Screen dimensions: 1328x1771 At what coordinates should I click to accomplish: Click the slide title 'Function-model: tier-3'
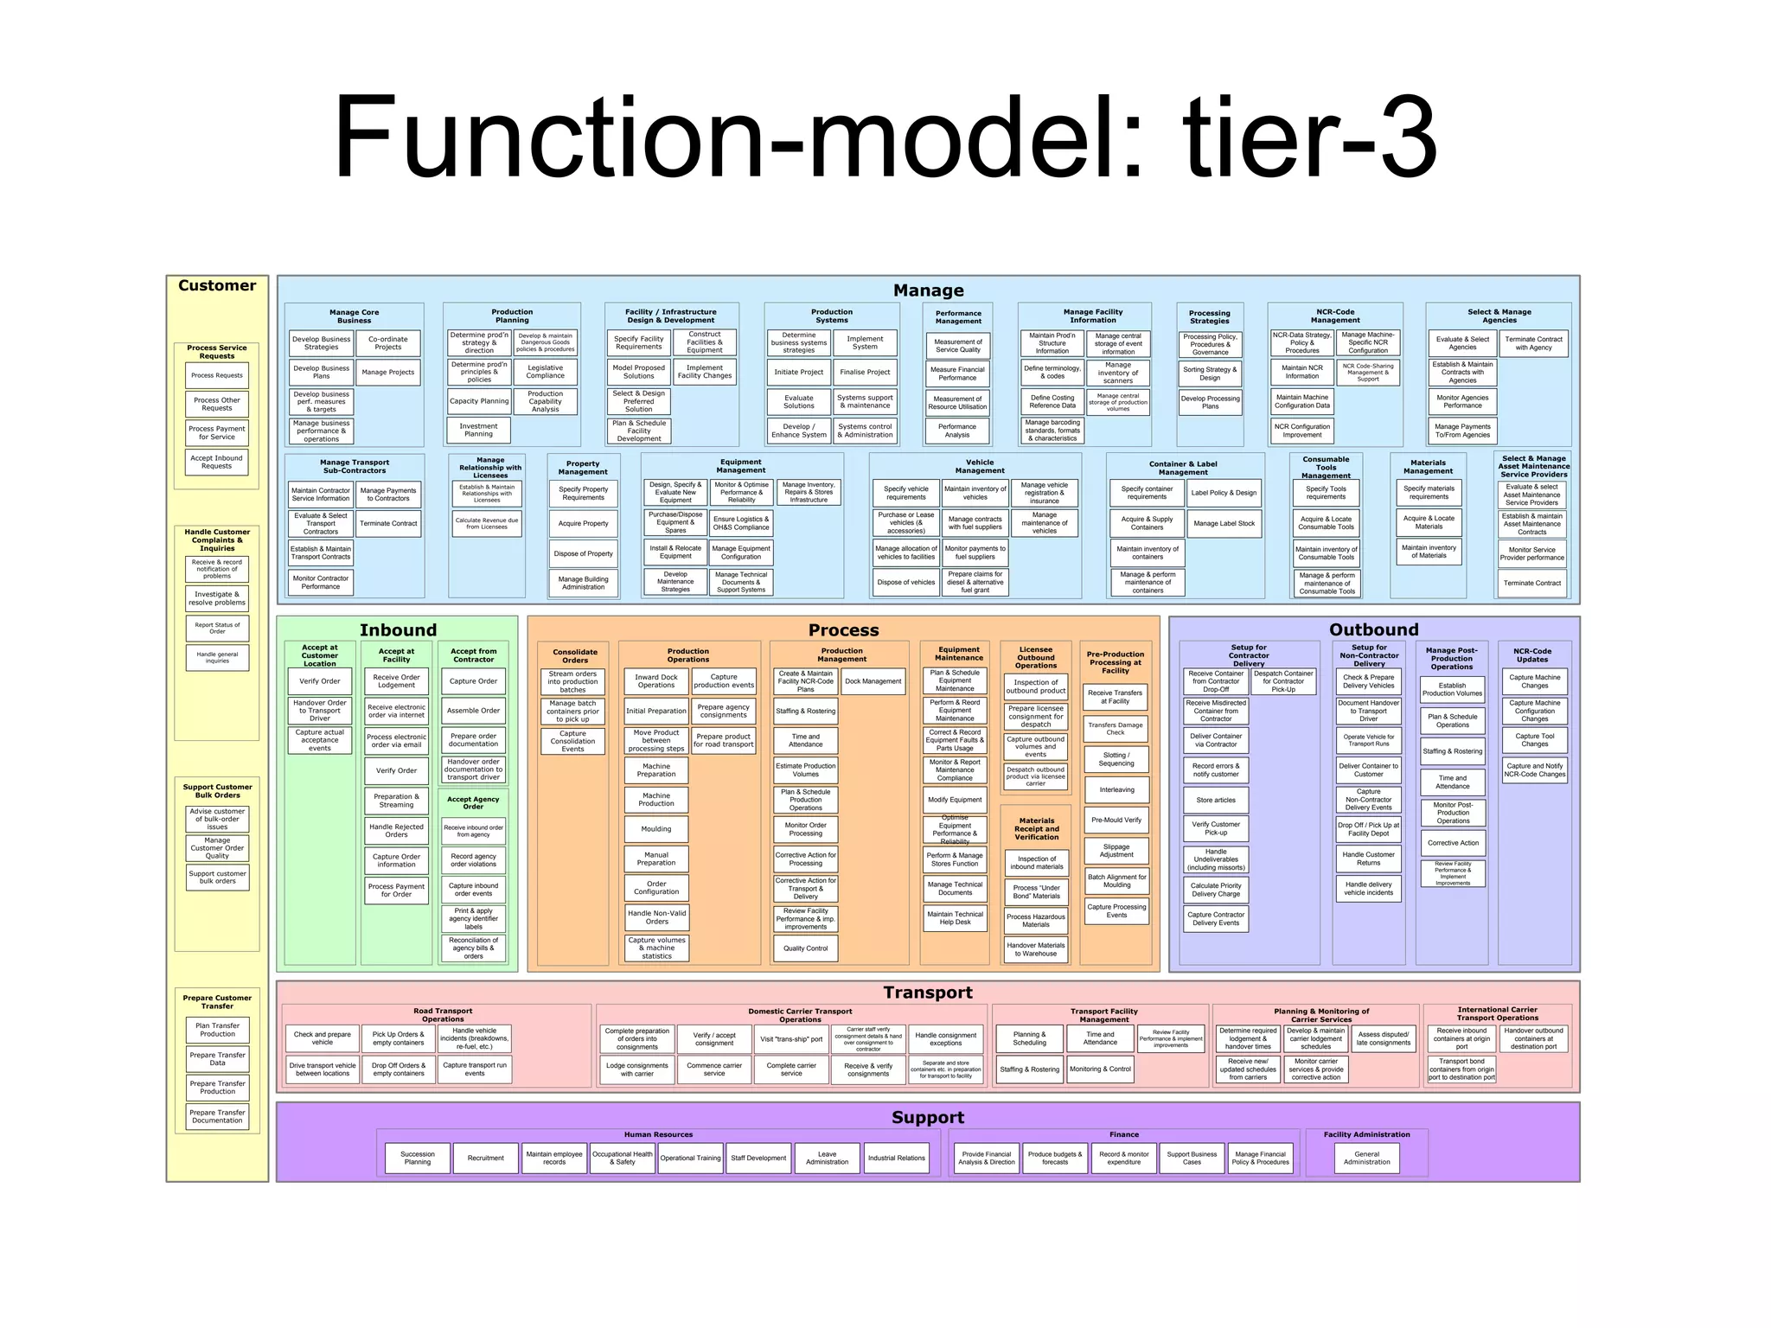[885, 138]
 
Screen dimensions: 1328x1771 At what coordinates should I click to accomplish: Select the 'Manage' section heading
[928, 290]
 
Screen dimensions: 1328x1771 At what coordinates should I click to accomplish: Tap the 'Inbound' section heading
[398, 629]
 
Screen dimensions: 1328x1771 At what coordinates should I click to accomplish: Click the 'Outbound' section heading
[1373, 629]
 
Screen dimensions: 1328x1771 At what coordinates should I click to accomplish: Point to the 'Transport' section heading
[928, 993]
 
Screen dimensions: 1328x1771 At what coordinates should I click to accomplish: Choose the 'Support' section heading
[928, 1117]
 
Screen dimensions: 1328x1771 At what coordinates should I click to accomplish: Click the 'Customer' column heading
[217, 285]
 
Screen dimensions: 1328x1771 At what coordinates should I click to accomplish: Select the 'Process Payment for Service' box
[217, 432]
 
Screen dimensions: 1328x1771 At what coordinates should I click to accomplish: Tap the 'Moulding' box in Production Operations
[656, 829]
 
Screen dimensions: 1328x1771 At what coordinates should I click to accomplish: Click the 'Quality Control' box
[805, 948]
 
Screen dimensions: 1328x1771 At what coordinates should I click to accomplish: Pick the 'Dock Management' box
[873, 681]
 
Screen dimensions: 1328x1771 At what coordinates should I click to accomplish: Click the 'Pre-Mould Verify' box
[1116, 820]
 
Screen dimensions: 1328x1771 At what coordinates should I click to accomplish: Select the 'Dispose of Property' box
[584, 553]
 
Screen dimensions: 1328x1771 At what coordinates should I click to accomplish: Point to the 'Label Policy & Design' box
[1224, 493]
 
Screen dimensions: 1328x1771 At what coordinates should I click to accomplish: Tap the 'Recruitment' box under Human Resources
[485, 1158]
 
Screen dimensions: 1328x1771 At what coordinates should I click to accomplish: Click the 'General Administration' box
[1366, 1158]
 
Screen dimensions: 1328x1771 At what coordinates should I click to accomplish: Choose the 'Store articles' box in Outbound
[1216, 800]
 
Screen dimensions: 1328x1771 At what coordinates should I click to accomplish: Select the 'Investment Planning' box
[478, 430]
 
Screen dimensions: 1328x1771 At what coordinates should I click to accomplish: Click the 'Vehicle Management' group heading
[979, 466]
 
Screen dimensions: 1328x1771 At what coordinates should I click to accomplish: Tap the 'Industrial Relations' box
[897, 1158]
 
